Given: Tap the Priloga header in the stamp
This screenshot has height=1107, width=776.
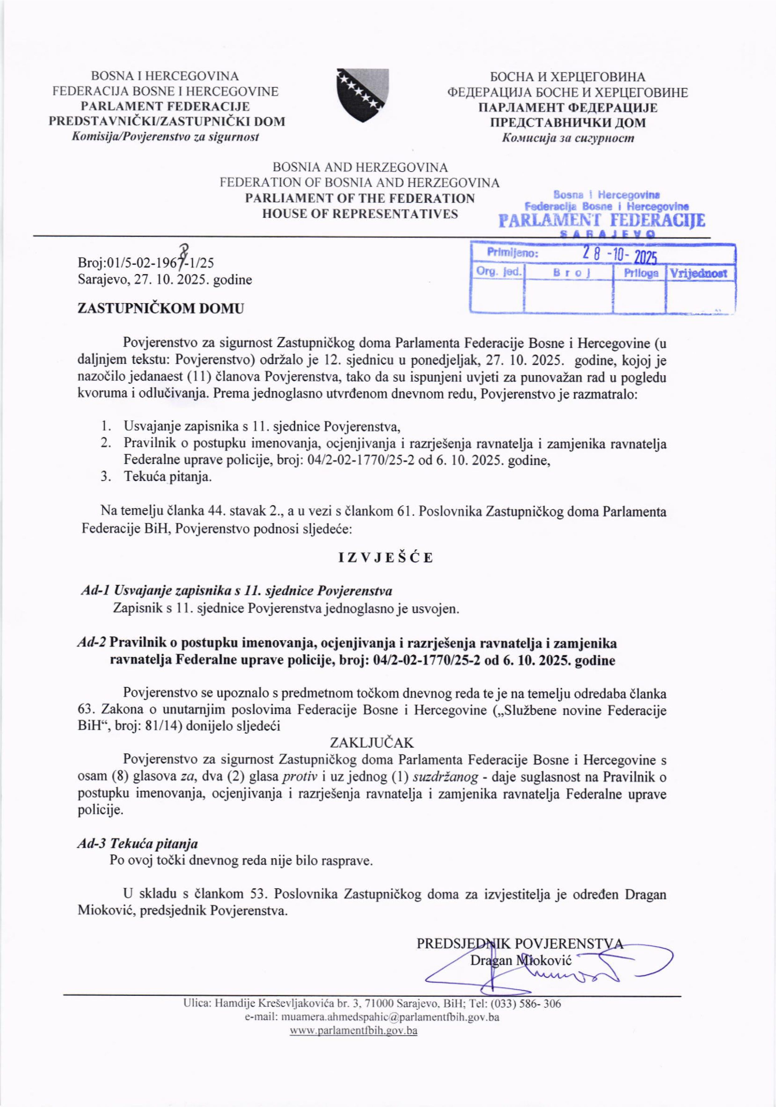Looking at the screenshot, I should (641, 273).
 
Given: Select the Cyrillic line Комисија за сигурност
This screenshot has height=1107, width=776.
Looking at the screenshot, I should (568, 139).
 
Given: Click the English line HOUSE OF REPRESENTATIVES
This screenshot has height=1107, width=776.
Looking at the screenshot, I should (360, 214).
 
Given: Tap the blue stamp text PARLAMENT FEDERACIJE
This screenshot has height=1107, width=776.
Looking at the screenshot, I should (602, 221).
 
